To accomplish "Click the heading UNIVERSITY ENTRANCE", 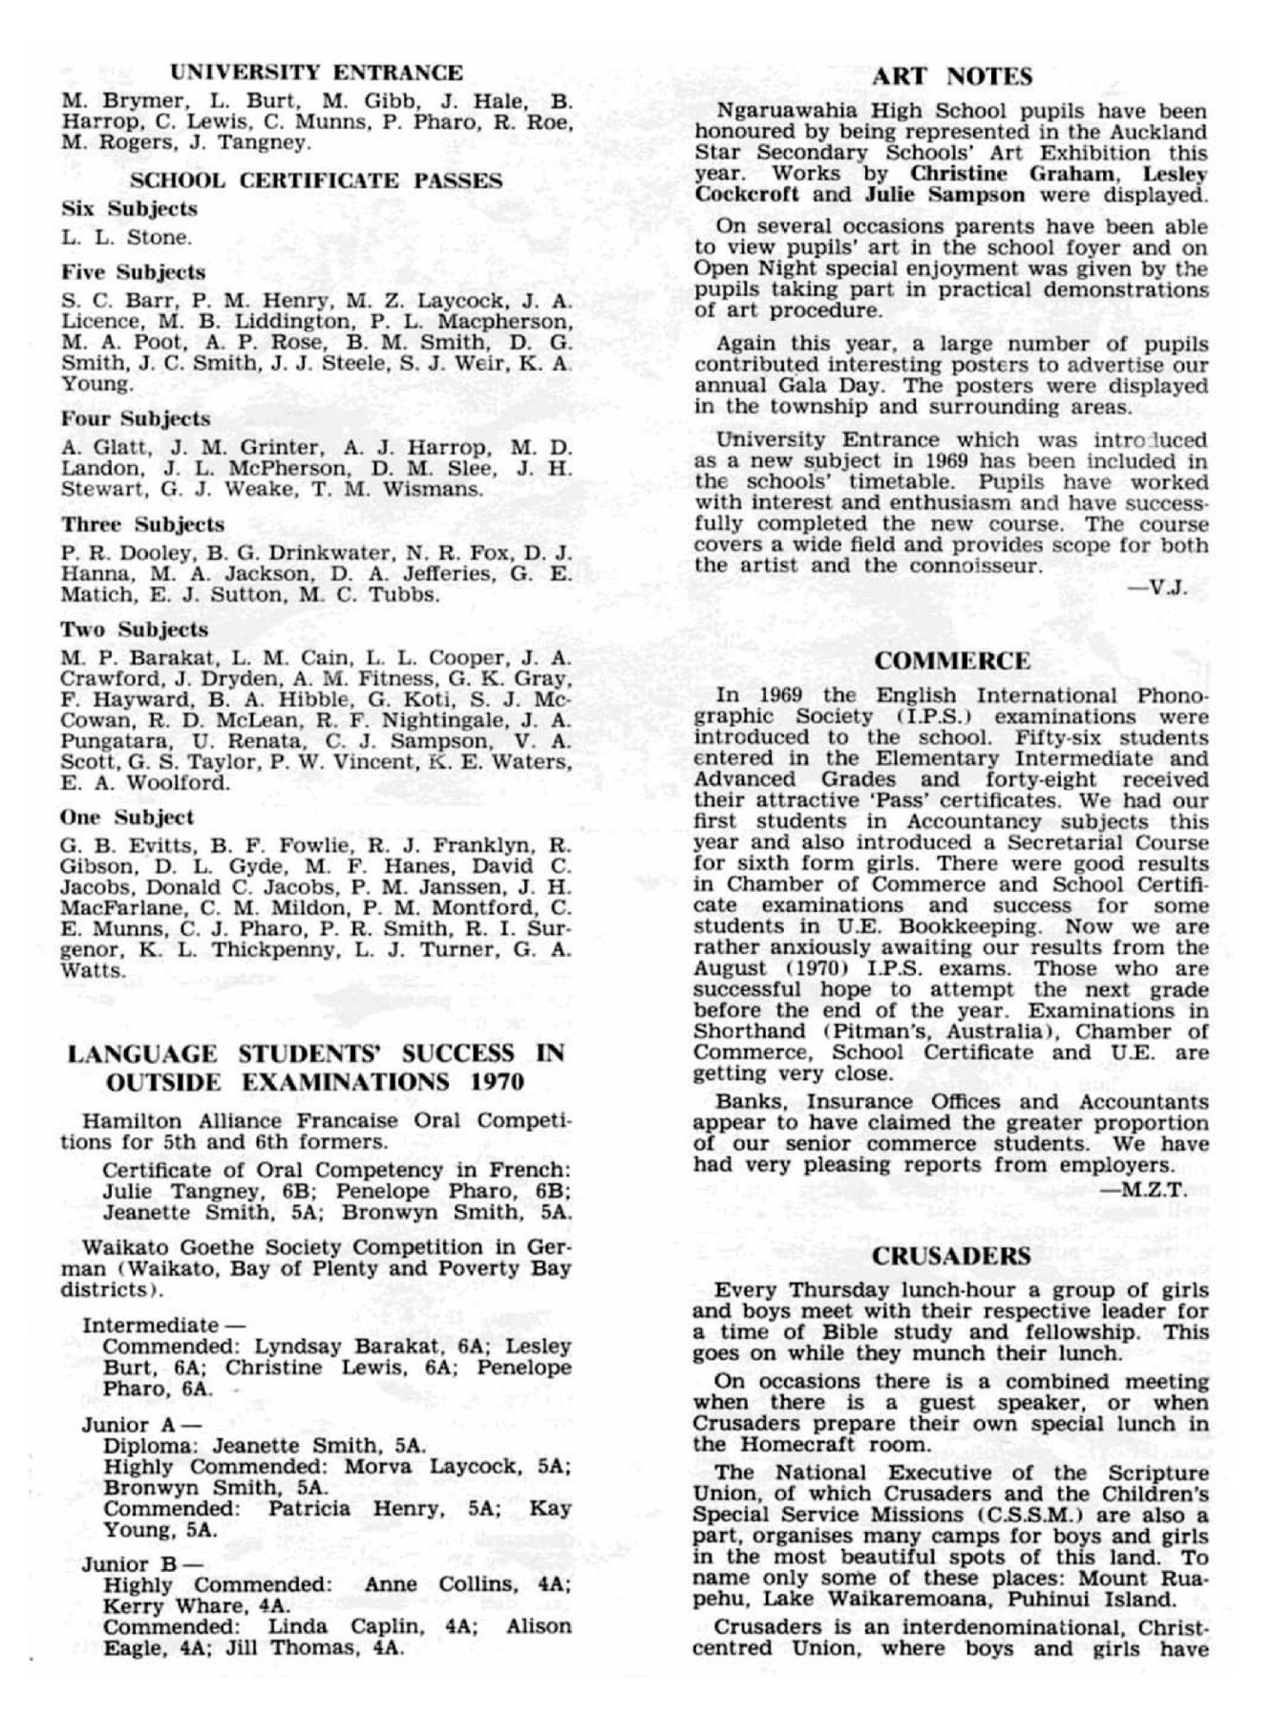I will click(316, 73).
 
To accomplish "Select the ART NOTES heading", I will click(952, 76).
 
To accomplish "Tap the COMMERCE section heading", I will click(952, 661).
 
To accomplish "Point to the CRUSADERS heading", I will click(951, 1256).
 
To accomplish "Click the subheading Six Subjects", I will click(129, 208).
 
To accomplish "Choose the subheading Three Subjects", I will click(142, 524).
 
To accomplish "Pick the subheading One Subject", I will click(126, 817).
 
